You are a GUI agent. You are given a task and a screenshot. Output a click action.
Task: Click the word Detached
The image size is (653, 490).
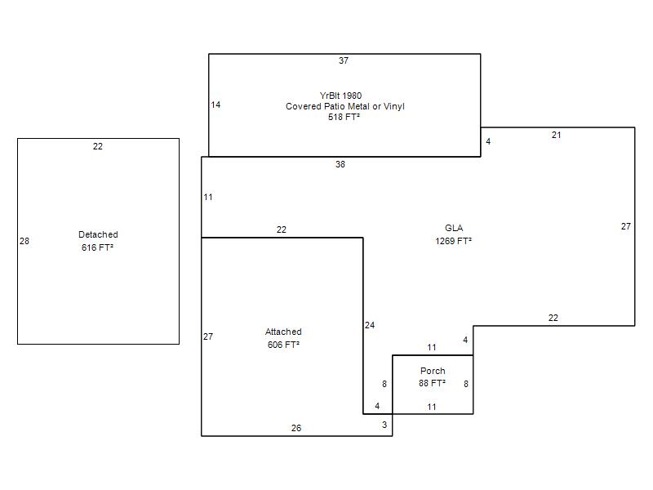click(98, 234)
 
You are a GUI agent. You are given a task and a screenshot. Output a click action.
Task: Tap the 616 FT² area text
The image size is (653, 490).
click(97, 247)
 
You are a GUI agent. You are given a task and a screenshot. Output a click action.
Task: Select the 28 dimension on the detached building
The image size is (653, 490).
click(24, 241)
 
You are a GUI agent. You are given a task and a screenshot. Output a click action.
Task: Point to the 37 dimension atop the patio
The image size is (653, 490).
click(344, 60)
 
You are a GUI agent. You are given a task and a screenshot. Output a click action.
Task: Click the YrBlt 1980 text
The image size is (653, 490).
click(340, 96)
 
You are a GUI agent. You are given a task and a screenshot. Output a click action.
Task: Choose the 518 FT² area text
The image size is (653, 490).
click(344, 117)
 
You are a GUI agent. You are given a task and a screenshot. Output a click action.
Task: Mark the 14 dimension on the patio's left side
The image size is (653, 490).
click(215, 105)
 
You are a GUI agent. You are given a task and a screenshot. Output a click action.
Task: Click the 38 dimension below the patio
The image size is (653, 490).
click(340, 165)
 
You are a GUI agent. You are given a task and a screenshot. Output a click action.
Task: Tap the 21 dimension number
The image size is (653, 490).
click(557, 136)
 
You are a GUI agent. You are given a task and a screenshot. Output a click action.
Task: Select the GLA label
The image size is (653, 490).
click(454, 229)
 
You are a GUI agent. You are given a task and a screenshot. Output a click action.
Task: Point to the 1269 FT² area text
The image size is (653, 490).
click(454, 241)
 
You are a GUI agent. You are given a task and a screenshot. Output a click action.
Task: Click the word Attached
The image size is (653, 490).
click(283, 332)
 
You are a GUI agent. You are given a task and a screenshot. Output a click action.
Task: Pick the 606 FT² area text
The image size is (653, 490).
click(283, 345)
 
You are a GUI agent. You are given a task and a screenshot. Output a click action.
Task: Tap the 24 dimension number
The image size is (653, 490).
click(370, 325)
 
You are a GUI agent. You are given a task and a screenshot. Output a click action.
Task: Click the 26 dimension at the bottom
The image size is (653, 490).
click(296, 428)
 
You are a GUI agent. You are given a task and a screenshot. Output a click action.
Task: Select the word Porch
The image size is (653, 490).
click(433, 372)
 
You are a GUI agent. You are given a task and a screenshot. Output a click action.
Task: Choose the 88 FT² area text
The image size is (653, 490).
click(433, 383)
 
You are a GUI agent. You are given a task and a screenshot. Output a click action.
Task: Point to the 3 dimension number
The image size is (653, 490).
click(384, 425)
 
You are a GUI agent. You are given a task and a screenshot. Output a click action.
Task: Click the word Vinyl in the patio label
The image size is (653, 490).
click(394, 107)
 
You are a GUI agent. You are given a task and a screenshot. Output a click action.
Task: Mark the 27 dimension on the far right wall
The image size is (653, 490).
click(626, 227)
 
